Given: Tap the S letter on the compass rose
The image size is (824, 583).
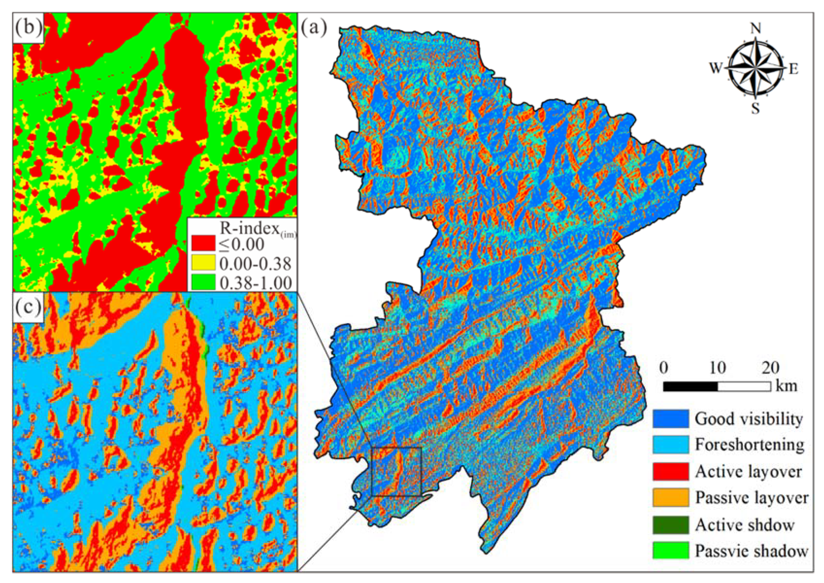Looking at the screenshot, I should pos(755,107).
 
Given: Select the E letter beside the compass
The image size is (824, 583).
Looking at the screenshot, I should pos(793,69).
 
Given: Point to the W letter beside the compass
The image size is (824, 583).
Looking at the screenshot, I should pos(715,68).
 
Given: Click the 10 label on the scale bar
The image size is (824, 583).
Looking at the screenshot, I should pos(717,368).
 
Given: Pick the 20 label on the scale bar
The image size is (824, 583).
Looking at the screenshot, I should pos(770,368).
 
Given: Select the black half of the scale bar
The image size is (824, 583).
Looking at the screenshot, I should pos(690,387).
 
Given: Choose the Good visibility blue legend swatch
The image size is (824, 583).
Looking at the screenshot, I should pos(670,419).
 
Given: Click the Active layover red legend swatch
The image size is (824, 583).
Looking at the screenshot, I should pos(670,471).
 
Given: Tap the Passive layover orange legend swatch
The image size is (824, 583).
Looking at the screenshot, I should pos(670,497).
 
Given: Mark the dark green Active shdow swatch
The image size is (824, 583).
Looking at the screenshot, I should pos(670,524).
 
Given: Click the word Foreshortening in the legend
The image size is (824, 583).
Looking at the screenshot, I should pos(749,445).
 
